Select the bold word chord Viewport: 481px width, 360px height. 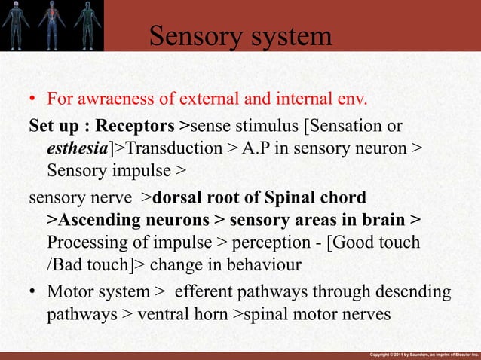point(342,197)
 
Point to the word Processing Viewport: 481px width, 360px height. point(84,243)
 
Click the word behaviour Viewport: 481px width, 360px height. point(262,266)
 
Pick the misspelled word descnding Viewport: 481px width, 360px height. point(414,291)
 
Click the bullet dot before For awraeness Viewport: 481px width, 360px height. point(32,100)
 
